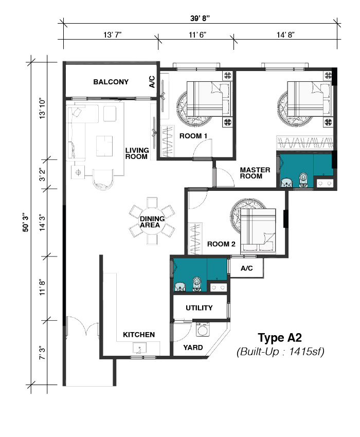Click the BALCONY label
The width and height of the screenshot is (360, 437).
tap(111, 82)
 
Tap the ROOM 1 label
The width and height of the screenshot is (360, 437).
tap(193, 136)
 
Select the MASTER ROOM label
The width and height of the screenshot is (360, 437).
tap(255, 173)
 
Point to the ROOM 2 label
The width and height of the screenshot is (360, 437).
tap(221, 244)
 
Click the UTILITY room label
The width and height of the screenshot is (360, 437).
tap(199, 307)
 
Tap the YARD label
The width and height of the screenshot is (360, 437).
tap(193, 348)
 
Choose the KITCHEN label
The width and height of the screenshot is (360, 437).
tap(139, 335)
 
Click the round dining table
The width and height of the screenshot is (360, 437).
tap(152, 221)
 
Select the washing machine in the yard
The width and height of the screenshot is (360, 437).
tap(203, 330)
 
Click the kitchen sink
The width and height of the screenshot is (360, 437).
tap(140, 349)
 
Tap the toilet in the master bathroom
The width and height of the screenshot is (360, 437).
tap(303, 180)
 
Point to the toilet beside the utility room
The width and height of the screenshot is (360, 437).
tap(197, 284)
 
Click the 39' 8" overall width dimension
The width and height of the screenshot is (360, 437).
tap(200, 19)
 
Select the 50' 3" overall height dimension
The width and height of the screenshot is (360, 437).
tap(26, 223)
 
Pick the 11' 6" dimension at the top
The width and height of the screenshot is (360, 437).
tap(197, 35)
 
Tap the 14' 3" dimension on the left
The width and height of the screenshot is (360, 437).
tap(42, 223)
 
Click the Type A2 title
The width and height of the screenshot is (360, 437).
tap(280, 338)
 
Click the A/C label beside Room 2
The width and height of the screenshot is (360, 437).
tap(246, 268)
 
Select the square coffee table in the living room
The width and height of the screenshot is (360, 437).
tap(104, 146)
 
